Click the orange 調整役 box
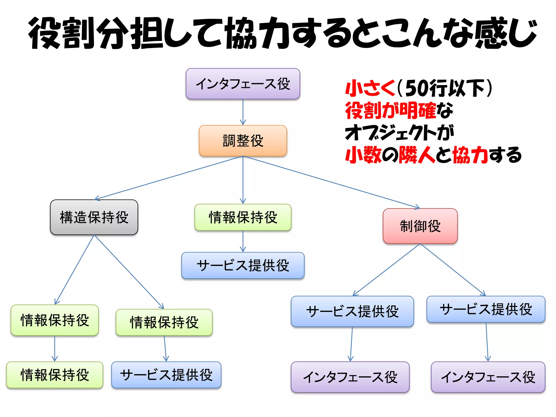tap(243, 141)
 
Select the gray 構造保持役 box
tap(94, 217)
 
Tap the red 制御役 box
tap(420, 226)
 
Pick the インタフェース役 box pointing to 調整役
tap(243, 84)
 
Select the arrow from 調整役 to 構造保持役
tap(168, 178)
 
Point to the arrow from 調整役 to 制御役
tap(331, 182)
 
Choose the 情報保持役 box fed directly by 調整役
tap(243, 217)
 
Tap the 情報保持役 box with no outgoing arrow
tap(55, 375)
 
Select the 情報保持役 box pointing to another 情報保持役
tap(55, 320)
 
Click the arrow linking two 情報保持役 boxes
tap(55, 348)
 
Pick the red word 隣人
tap(417, 155)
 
